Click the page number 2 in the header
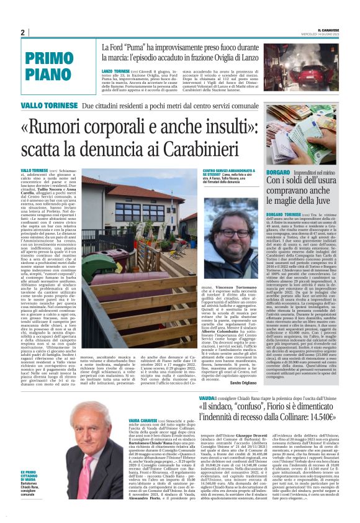pos(22,32)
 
